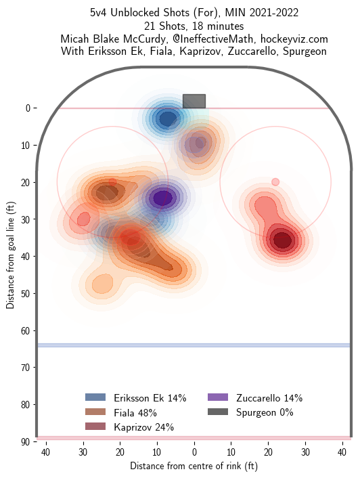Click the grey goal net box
tap(194, 101)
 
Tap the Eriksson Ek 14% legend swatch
tap(96, 397)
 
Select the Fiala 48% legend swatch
tap(96, 412)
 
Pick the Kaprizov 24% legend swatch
tap(96, 427)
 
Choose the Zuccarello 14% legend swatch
tap(219, 397)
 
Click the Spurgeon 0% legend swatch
tap(219, 412)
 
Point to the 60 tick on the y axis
tap(35, 330)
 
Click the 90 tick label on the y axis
tap(24, 441)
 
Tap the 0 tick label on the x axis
tap(194, 452)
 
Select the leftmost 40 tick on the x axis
tap(45, 452)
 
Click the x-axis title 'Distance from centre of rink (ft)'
tap(194, 466)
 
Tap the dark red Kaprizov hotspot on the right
tap(282, 240)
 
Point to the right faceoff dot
tap(275, 182)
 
